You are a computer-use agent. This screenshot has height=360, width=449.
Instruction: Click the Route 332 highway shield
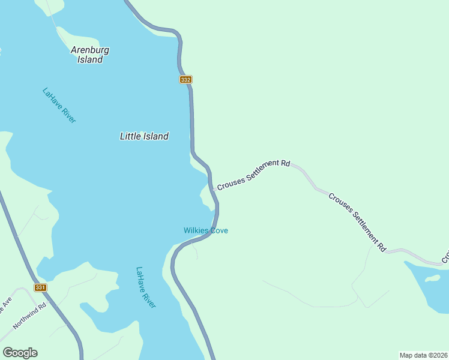[185, 80]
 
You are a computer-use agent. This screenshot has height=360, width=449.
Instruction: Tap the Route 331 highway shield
[40, 287]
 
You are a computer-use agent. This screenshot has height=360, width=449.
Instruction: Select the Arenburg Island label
[90, 55]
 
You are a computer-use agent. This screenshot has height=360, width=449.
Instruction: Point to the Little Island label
[144, 136]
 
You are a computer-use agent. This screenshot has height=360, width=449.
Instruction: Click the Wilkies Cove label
[206, 230]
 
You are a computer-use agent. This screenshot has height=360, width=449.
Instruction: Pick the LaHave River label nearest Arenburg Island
[59, 105]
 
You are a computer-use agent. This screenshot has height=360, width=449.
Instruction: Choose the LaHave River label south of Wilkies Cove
[146, 287]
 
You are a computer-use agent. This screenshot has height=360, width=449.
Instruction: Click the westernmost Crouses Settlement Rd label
[253, 175]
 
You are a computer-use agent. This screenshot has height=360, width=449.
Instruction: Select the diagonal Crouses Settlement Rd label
[357, 221]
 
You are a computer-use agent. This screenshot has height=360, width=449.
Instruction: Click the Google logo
[20, 353]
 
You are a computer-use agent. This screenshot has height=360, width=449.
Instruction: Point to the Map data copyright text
[424, 355]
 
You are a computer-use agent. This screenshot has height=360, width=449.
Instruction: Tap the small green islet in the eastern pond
[432, 278]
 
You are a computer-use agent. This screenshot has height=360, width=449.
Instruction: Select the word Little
[130, 136]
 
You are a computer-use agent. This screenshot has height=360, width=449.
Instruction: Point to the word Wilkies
[195, 230]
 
